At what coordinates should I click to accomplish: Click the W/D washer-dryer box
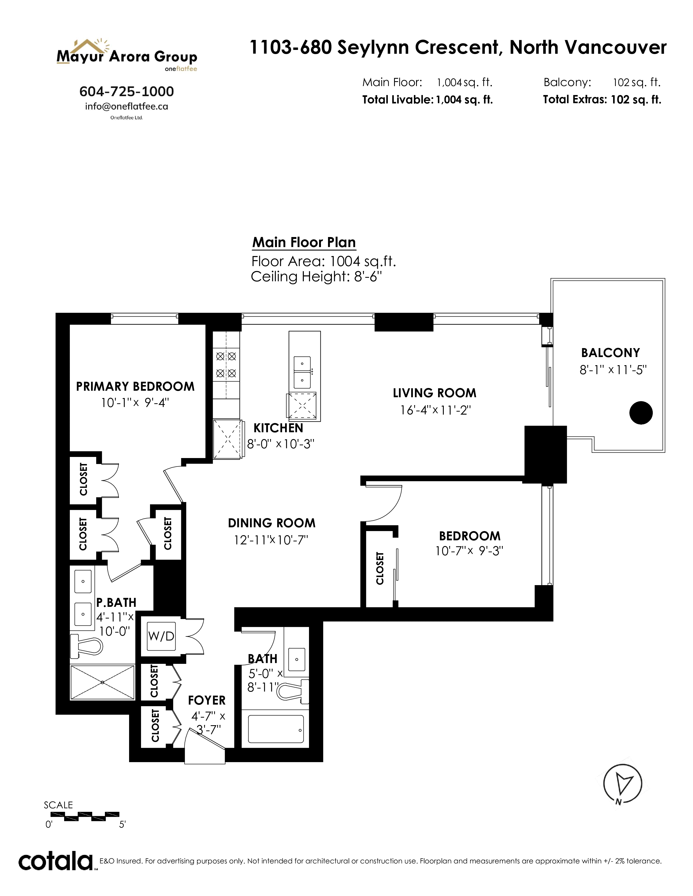pos(161,636)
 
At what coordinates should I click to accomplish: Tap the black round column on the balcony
pos(641,413)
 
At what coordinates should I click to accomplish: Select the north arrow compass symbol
pos(622,784)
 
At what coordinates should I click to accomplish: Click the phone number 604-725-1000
pos(126,91)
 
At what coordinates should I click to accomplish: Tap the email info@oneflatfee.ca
pos(126,106)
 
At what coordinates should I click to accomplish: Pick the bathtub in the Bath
pos(276,729)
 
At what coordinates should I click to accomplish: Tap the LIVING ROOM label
pos(434,393)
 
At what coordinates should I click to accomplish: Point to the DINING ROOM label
pos(272,523)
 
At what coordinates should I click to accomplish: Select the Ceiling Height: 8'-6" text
pos(316,276)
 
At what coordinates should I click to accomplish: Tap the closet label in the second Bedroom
pos(380,568)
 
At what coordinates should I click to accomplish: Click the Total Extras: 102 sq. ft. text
pos(602,100)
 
